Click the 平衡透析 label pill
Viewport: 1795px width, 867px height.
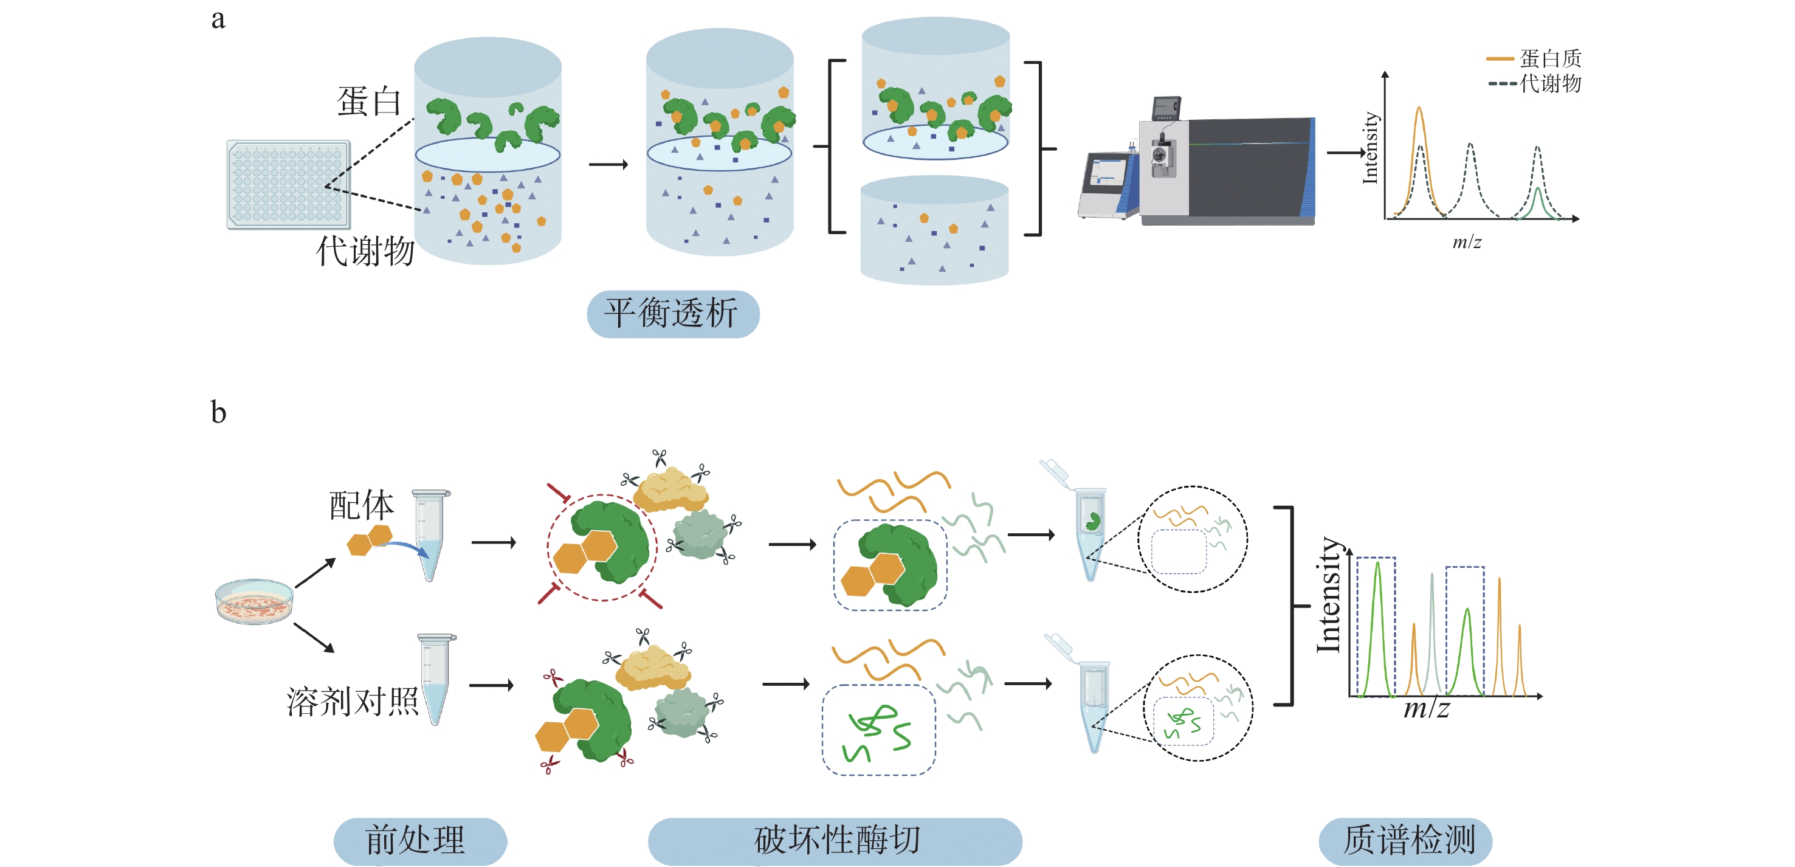click(x=672, y=314)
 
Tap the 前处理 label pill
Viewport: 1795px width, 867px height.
click(x=419, y=840)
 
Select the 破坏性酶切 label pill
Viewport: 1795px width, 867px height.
click(x=834, y=840)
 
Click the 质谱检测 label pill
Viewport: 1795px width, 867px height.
click(x=1405, y=840)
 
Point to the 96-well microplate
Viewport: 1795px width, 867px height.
click(x=288, y=185)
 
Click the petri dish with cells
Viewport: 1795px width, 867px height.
click(x=253, y=601)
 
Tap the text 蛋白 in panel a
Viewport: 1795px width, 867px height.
click(x=370, y=102)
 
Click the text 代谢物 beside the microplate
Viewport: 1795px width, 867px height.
click(x=365, y=251)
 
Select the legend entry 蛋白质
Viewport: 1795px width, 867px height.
click(x=1548, y=58)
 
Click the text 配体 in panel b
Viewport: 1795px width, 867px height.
click(x=361, y=505)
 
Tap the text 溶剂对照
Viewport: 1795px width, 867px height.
click(x=352, y=701)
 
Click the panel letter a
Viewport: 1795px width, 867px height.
click(x=218, y=19)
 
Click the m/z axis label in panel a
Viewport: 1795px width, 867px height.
click(x=1466, y=243)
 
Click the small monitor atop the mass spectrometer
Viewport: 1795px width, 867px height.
click(x=1166, y=108)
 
